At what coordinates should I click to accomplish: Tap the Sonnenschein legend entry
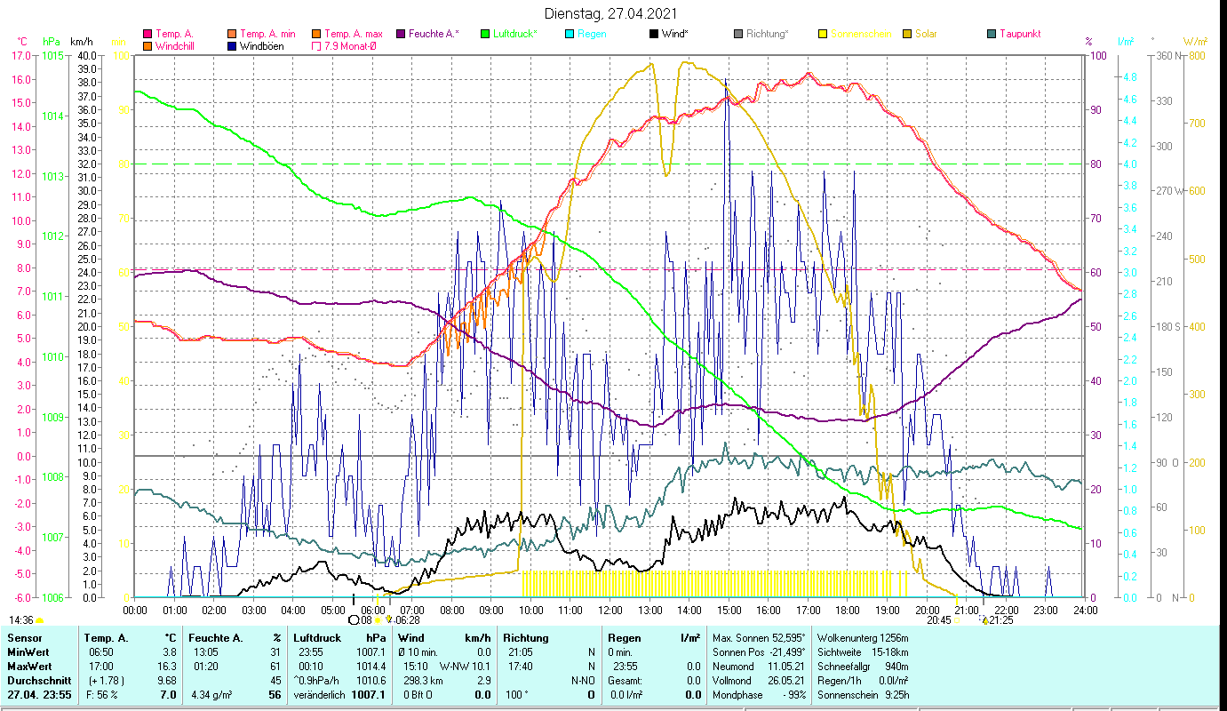pos(860,34)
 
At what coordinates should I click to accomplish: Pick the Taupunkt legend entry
pos(1020,34)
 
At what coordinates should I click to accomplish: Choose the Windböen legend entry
pos(262,46)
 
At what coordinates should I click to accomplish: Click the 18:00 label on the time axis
pos(848,610)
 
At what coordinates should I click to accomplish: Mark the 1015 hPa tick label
pos(52,55)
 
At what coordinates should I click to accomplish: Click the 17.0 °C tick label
pos(21,55)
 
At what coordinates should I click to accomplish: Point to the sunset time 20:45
pos(938,620)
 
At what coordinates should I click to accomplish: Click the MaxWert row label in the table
pos(28,666)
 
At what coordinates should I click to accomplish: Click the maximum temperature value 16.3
pos(165,666)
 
